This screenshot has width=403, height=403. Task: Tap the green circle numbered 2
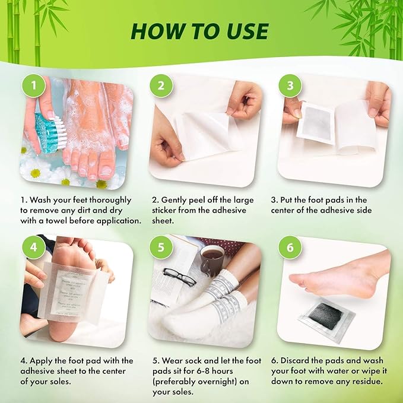pyautogui.click(x=161, y=86)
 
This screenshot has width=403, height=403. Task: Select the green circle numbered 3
pyautogui.click(x=290, y=86)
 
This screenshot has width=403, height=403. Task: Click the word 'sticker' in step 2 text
pyautogui.click(x=166, y=211)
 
